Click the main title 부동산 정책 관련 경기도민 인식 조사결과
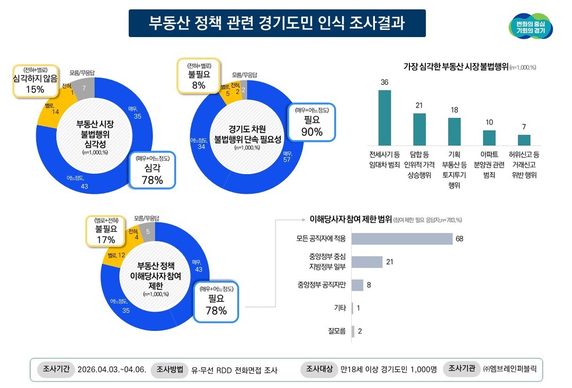[x=277, y=23]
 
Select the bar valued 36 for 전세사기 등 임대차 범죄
[x=385, y=118]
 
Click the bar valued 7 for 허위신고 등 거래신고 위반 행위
[x=524, y=140]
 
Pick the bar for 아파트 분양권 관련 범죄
[x=489, y=138]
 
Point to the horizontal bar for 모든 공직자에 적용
[x=402, y=239]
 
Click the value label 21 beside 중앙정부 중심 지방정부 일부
[x=390, y=262]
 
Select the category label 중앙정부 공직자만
[x=321, y=285]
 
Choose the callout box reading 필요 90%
[x=312, y=122]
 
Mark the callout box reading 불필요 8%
[x=199, y=76]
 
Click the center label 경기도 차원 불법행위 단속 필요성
[x=247, y=134]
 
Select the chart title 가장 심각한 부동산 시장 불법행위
[x=455, y=66]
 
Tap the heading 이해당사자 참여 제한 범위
[x=350, y=219]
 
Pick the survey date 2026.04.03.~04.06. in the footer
[x=111, y=369]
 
